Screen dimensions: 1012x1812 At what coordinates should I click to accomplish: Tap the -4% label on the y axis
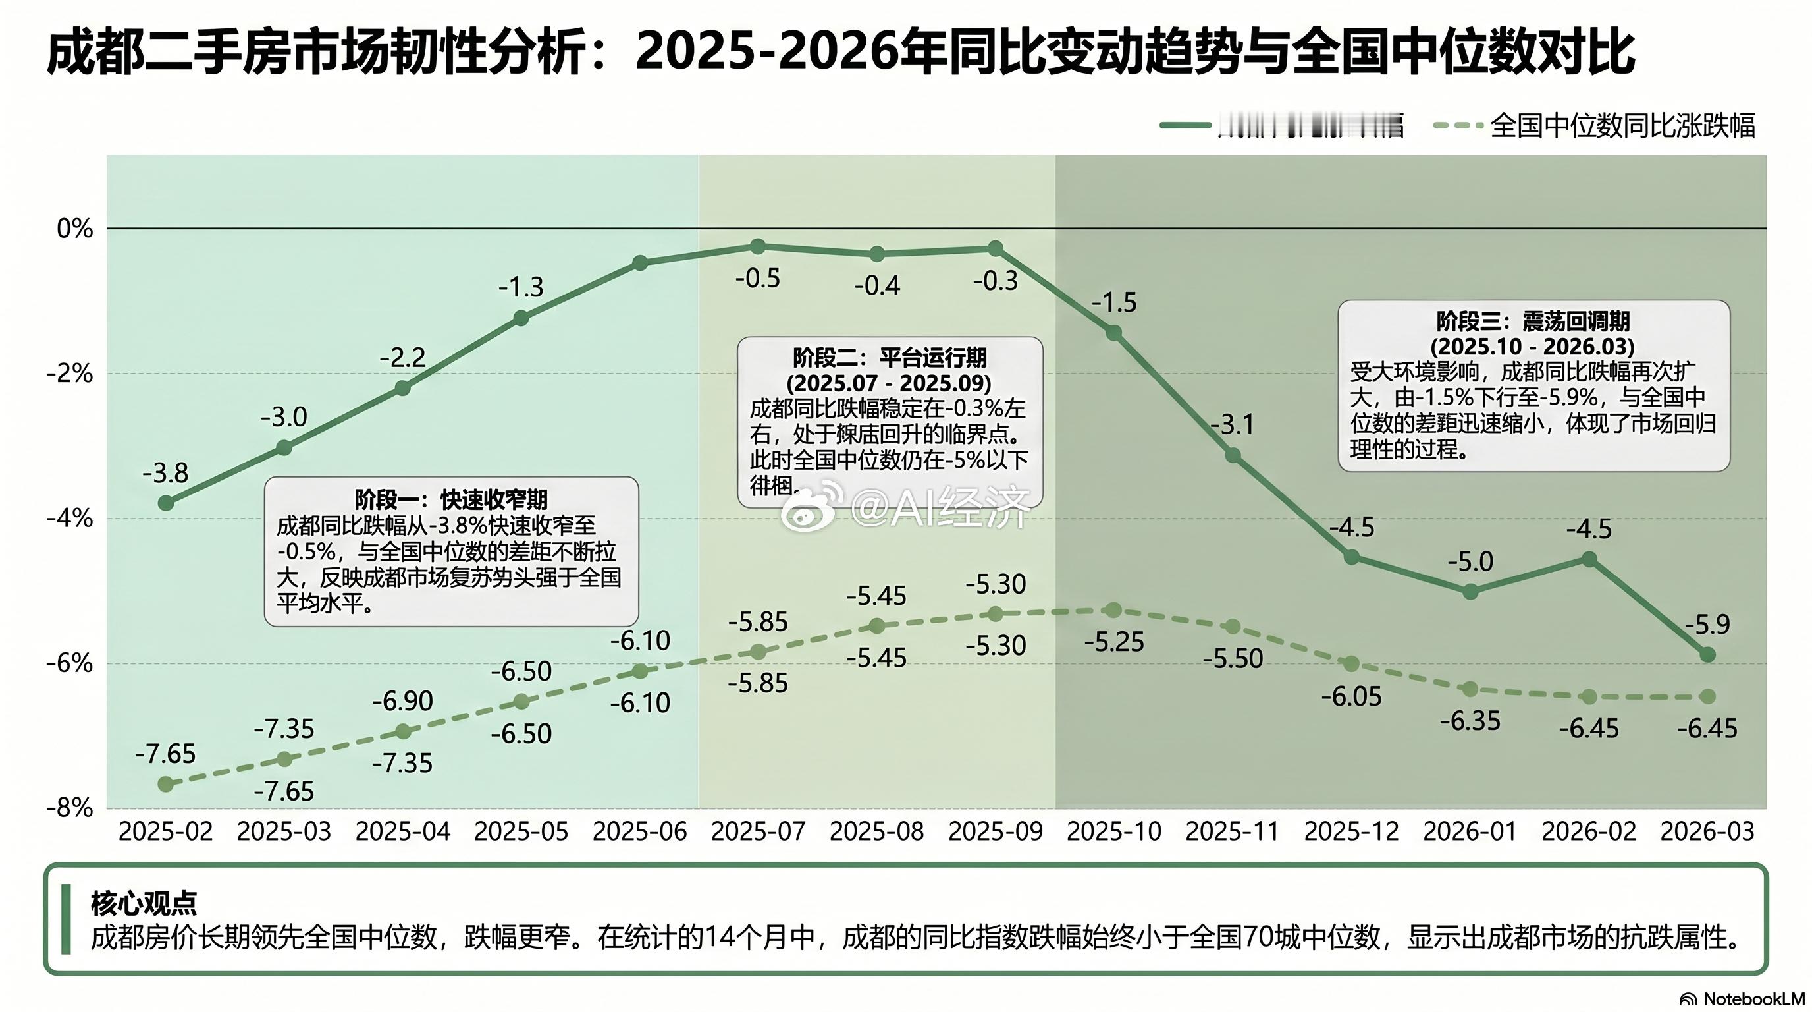[70, 519]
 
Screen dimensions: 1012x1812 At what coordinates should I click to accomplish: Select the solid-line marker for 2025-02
[166, 503]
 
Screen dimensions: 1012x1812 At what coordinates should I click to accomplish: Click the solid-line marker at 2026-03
[1707, 654]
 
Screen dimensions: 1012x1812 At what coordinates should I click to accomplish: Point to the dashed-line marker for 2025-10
[1113, 609]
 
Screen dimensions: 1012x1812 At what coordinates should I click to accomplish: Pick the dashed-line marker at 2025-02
[166, 783]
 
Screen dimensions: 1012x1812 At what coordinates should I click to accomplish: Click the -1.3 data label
[521, 287]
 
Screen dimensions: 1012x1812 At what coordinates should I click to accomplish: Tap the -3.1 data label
[1233, 424]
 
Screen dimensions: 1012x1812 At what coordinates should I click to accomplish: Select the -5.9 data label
[1707, 623]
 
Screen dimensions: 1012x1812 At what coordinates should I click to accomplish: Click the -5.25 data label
[1113, 642]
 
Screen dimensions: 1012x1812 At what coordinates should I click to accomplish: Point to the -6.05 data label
[1351, 696]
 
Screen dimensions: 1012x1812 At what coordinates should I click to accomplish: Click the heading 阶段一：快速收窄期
[451, 499]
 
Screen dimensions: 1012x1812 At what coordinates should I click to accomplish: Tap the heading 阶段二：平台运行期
[889, 358]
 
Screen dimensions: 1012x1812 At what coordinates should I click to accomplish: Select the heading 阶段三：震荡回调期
[1533, 322]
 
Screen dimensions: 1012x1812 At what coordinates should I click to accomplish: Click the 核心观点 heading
[144, 903]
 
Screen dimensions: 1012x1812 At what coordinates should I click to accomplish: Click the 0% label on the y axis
[74, 228]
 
